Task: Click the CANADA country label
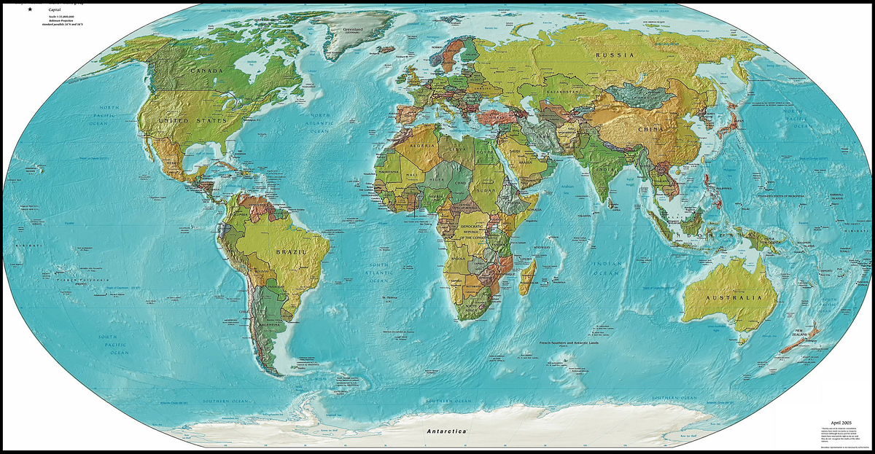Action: tap(206, 71)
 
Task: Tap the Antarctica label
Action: tap(446, 432)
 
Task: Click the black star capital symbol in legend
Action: tap(31, 8)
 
